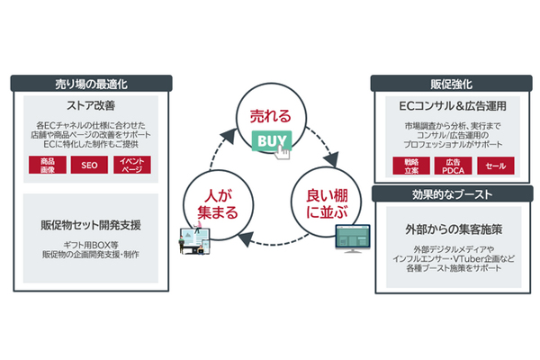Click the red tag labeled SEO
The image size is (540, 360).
88,165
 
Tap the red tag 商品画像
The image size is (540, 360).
46,165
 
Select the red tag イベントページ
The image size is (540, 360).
130,165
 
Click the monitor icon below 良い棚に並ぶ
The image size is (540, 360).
350,238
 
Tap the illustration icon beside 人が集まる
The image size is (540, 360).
193,239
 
